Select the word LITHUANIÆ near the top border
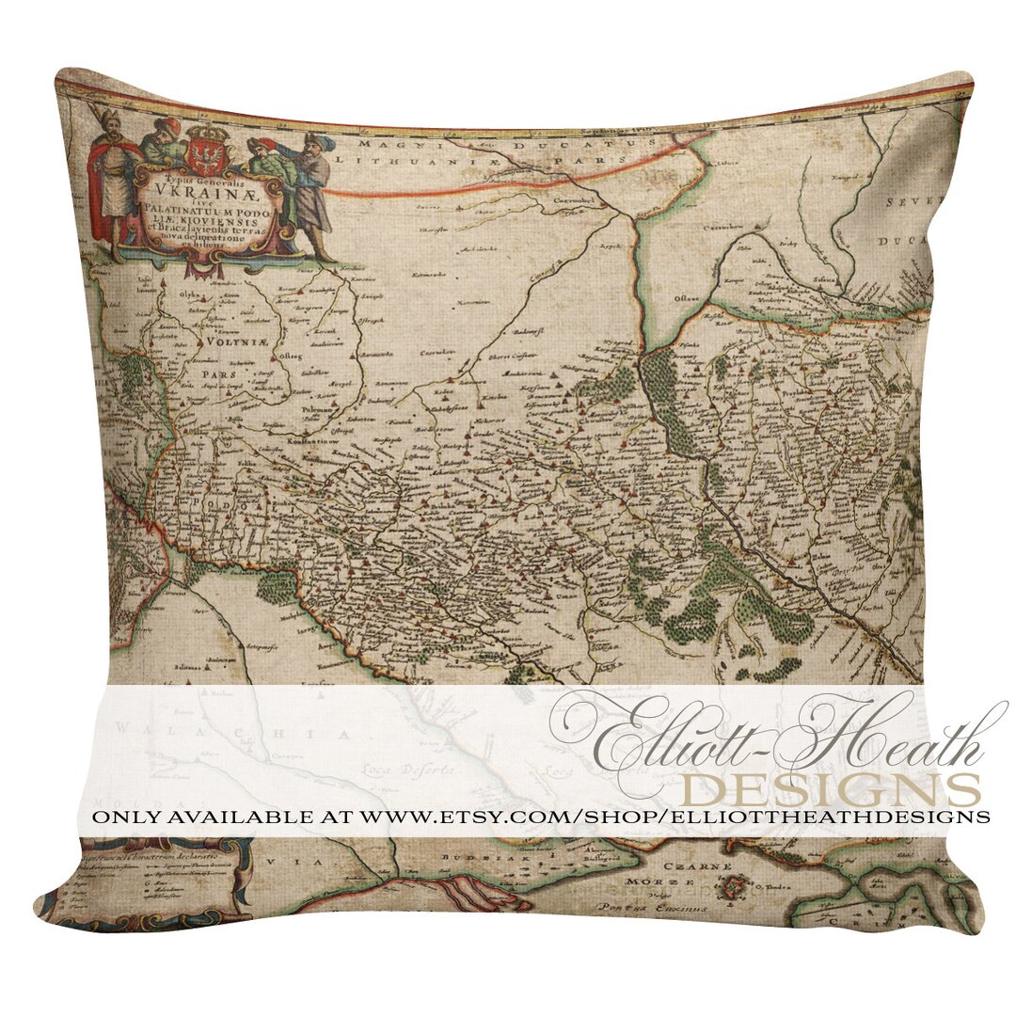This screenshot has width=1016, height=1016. (431, 162)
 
